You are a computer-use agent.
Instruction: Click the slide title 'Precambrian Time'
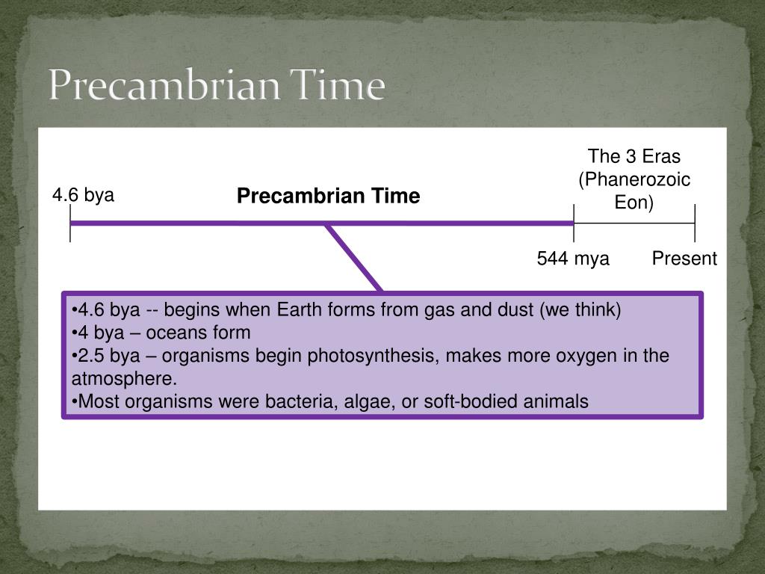point(217,85)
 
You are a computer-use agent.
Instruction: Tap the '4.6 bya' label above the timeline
point(84,195)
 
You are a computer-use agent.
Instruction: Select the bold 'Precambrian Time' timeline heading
point(329,196)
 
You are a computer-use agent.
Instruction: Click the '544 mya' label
point(573,258)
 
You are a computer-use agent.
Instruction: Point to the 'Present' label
point(684,258)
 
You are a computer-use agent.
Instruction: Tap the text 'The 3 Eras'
point(634,156)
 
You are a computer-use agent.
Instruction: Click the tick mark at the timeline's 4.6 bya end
point(70,223)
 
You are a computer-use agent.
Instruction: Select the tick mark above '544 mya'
point(574,223)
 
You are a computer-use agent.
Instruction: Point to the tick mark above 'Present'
point(695,223)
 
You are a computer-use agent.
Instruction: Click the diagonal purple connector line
point(354,258)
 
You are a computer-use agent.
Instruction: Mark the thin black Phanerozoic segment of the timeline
point(634,223)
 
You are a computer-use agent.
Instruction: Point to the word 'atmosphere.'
point(125,379)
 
